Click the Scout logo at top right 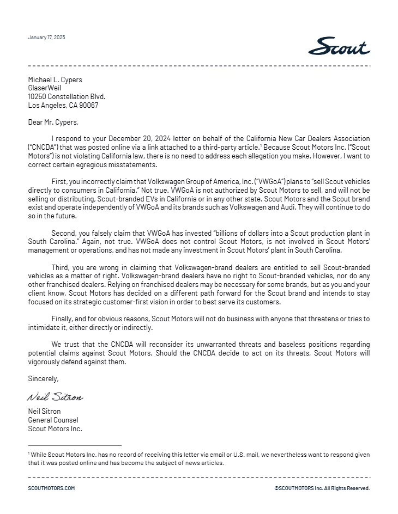pos(339,46)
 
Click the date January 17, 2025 pos(46,38)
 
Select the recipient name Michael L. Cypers pos(55,79)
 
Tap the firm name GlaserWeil pos(45,88)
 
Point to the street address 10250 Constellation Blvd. pos(67,97)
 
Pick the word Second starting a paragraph pos(63,234)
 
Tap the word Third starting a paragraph pos(60,267)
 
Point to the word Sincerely pos(43,378)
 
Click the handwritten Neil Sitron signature pos(55,397)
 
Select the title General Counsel pos(53,420)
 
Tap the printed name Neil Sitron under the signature pos(44,412)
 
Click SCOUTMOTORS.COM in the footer pos(51,488)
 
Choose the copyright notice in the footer pos(322,488)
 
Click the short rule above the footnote pos(75,446)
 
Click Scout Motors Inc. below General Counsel pos(55,429)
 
